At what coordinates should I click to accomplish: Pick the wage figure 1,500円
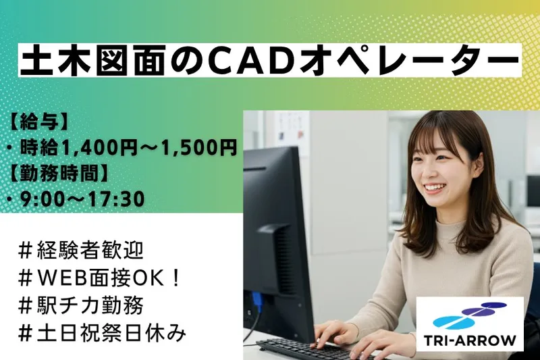[196, 148]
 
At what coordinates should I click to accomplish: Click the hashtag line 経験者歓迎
[80, 251]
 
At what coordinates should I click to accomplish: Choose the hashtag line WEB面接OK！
[99, 278]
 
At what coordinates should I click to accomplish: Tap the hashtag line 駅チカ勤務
[80, 306]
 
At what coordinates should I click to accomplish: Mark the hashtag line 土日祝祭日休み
[102, 333]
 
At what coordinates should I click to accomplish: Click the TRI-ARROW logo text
[470, 341]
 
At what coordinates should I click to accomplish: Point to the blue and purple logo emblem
[469, 315]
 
